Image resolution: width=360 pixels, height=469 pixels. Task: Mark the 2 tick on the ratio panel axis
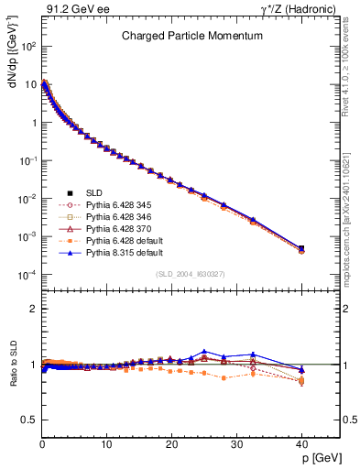[34, 309]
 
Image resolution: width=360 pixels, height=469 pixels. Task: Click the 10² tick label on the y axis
[29, 45]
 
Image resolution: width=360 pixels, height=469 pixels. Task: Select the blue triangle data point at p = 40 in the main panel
[301, 247]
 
